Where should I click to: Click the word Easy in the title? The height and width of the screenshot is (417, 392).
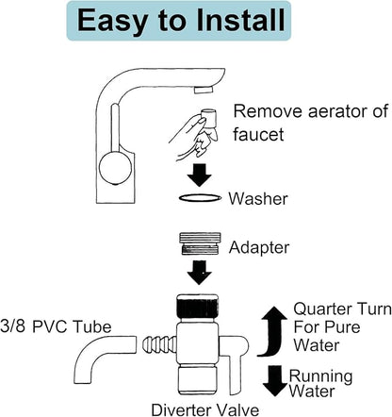(x=112, y=21)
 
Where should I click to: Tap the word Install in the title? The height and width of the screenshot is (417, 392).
(x=241, y=20)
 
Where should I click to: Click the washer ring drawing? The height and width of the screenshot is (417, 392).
(x=200, y=198)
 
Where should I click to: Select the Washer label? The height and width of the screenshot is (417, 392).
(x=258, y=199)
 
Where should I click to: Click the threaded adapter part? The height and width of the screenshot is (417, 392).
(x=200, y=243)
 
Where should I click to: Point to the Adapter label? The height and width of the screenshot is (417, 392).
(x=259, y=247)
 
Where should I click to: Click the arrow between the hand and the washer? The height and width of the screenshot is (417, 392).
(x=200, y=175)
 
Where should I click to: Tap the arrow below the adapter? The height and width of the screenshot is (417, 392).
(x=200, y=273)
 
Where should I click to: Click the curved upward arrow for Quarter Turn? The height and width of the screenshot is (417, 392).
(x=272, y=330)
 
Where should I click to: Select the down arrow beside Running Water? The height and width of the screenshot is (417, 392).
(x=275, y=380)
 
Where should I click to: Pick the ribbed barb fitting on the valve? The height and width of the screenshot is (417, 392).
(x=159, y=343)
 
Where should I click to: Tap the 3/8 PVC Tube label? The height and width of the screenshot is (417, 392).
(x=56, y=327)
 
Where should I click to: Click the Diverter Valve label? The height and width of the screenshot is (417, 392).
(x=205, y=409)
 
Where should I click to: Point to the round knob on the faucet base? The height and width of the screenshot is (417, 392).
(x=115, y=167)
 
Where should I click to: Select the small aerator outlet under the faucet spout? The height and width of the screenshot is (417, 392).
(x=204, y=90)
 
